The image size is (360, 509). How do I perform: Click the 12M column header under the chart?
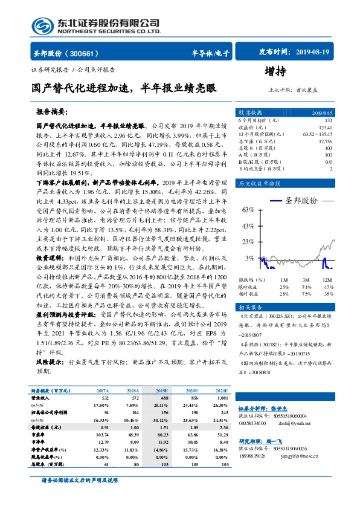[327, 280]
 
